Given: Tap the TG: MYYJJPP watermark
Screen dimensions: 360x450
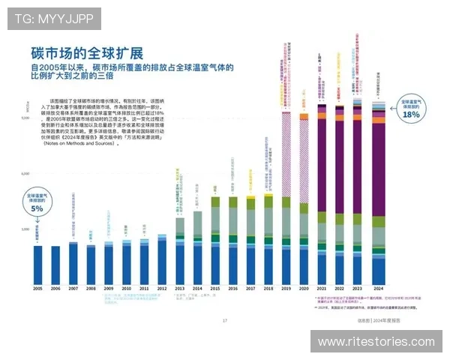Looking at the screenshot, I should click(53, 17).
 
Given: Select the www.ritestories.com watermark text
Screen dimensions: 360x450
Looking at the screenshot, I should click(376, 342).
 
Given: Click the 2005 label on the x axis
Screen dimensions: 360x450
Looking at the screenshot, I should click(37, 289).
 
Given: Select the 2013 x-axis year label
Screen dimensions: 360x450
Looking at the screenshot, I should click(179, 289).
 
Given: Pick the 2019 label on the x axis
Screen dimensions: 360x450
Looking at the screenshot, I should click(286, 289).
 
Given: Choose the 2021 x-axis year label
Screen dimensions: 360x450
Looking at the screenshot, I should click(322, 289).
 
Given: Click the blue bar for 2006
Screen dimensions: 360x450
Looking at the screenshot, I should click(55, 264).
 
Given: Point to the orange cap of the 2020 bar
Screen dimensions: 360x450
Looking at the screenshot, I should click(304, 116).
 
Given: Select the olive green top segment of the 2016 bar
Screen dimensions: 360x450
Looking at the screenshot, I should click(232, 202).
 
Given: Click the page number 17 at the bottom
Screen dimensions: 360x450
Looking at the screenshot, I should click(224, 320).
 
